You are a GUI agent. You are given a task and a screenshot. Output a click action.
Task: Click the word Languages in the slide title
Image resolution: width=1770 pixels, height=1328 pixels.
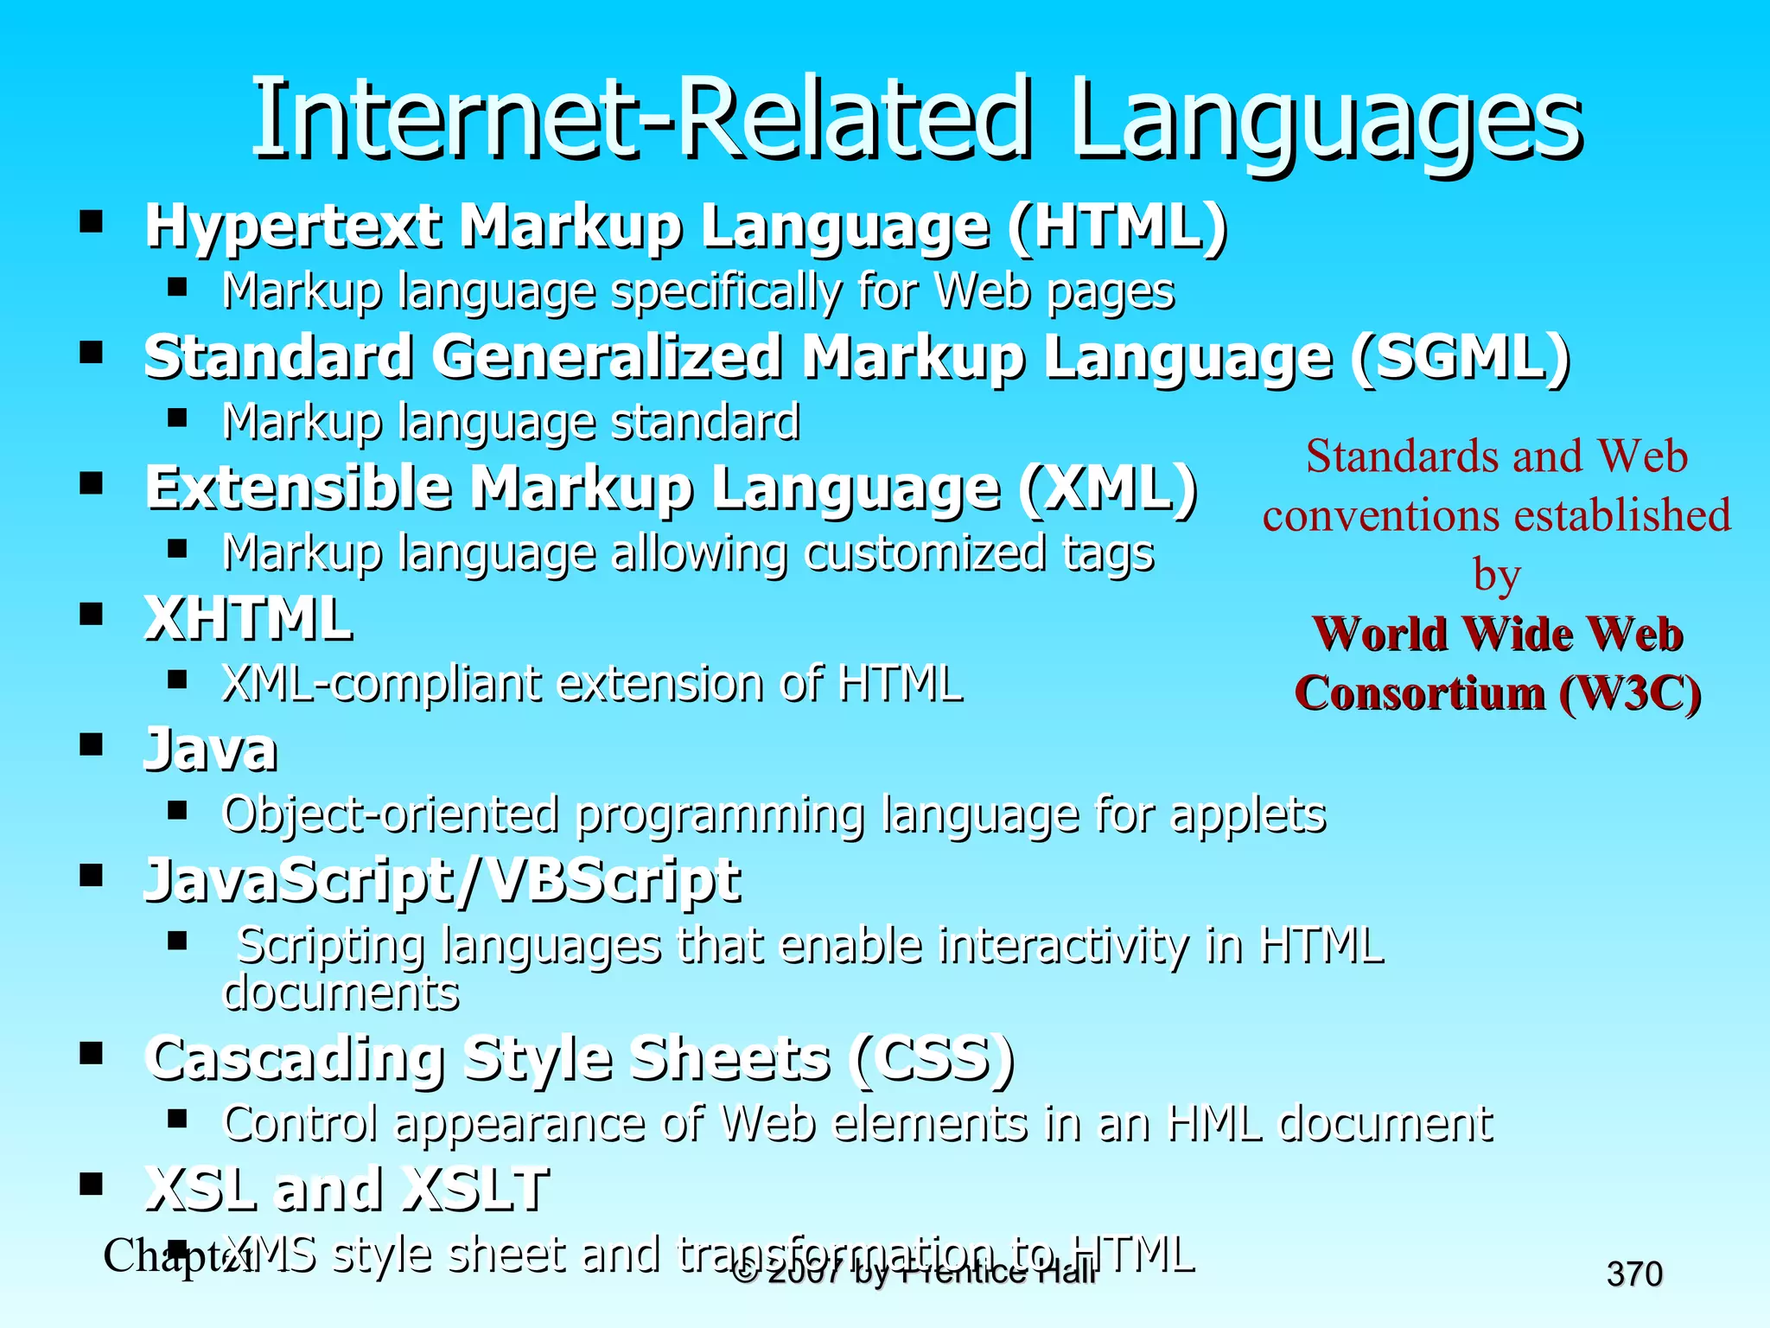(1326, 121)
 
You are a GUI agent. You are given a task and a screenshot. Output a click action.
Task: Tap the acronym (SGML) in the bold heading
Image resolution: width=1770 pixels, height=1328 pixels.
(1460, 358)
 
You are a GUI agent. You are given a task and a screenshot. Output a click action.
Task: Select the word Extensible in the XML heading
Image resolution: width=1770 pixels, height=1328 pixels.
(298, 488)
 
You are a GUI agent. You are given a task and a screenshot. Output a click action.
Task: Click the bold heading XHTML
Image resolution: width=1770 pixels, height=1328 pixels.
(248, 619)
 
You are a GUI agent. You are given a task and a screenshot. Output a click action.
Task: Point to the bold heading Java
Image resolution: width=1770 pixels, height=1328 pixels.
(210, 750)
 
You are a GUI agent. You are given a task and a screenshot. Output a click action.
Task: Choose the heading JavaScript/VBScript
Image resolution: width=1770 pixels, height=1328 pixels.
(442, 881)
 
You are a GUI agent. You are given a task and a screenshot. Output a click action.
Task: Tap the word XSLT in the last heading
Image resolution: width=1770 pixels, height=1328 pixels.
(477, 1189)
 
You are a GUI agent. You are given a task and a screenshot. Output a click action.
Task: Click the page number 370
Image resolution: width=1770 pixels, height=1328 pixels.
(1634, 1274)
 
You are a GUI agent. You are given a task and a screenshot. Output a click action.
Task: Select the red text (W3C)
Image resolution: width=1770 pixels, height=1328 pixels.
(1629, 693)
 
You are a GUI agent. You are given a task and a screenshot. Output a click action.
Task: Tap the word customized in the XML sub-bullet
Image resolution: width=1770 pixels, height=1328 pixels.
(924, 553)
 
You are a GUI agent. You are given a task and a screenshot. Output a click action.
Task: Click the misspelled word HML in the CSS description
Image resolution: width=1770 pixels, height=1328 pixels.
(1213, 1124)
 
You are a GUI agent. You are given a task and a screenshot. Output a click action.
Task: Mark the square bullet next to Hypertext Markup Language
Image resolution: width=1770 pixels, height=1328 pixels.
(91, 221)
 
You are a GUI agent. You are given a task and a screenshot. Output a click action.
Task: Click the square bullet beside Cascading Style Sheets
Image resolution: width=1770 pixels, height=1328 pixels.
(91, 1053)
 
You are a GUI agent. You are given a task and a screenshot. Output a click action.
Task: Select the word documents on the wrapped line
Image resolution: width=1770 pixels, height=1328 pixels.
(341, 993)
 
